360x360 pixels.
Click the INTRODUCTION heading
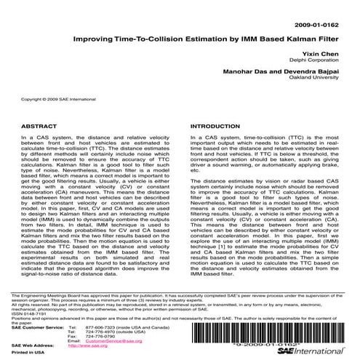pyautogui.click(x=214, y=126)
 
